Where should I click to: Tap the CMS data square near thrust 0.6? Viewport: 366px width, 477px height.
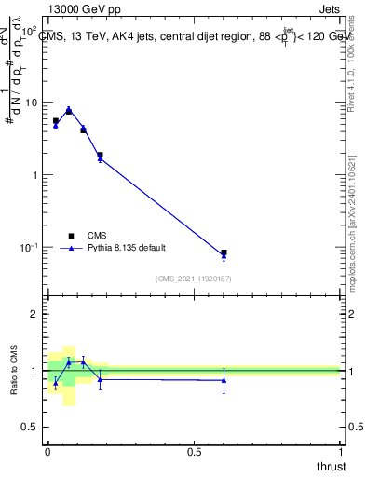coord(224,252)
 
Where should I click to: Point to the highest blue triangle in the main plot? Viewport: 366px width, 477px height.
coord(69,109)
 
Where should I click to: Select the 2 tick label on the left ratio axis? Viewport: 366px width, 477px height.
coord(34,314)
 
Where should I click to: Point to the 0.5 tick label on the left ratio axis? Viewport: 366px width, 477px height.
coord(30,426)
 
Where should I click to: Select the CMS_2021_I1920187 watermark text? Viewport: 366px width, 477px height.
coord(194,279)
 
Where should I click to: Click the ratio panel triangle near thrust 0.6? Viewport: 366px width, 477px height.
coord(224,380)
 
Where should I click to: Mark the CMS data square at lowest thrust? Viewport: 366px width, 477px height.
coord(55,121)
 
